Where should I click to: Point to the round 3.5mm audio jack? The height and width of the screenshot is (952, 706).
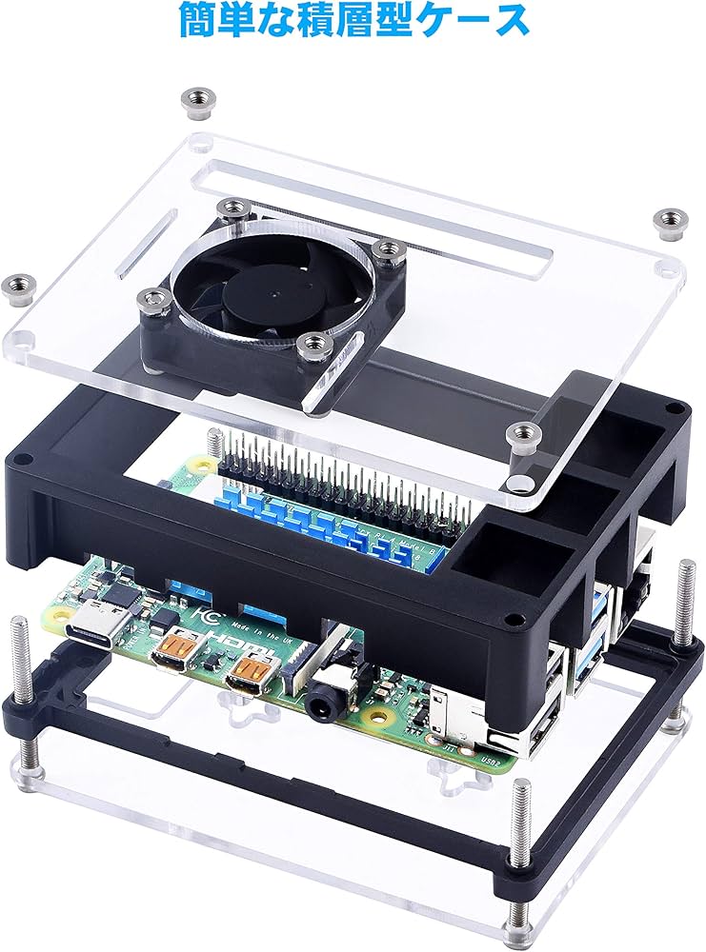pos(323,705)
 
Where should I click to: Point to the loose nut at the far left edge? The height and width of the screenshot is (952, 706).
pos(17,283)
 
